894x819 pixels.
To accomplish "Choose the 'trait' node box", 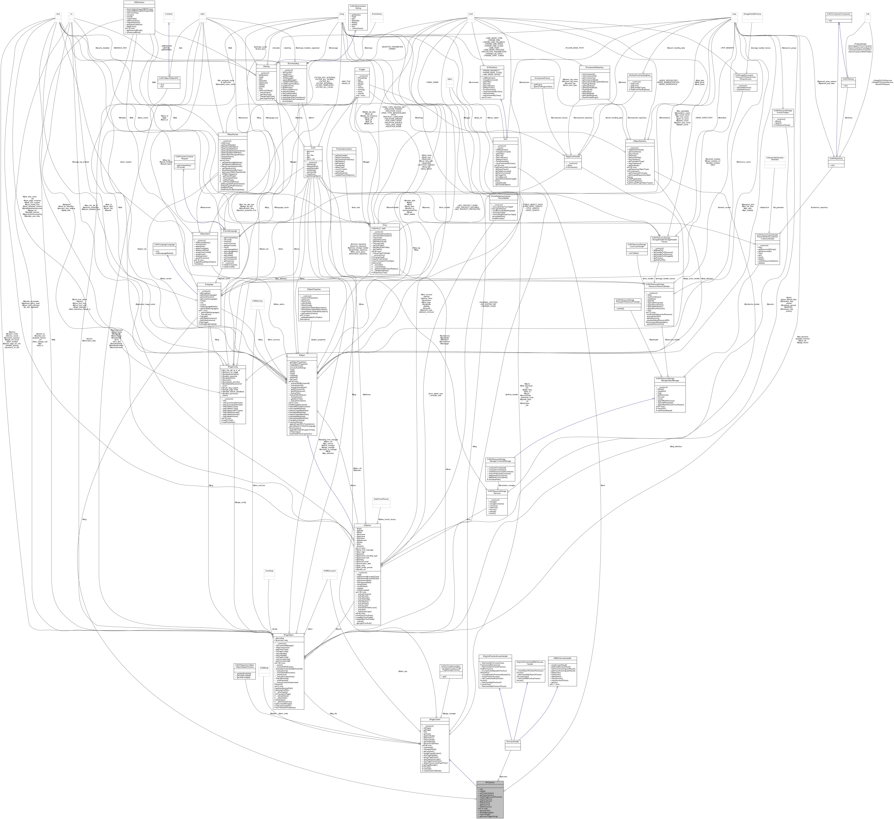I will [x=867, y=16].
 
